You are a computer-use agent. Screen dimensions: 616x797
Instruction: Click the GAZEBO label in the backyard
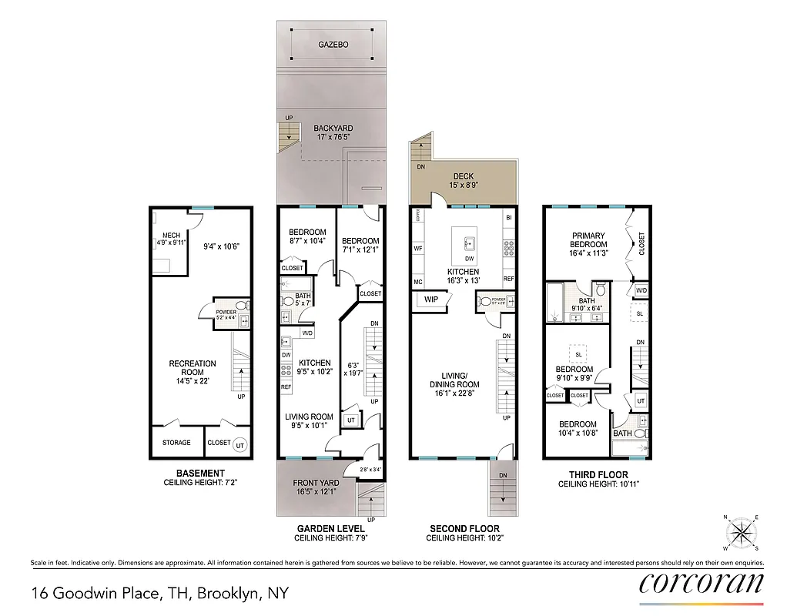point(333,45)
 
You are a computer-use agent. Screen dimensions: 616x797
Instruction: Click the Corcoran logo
point(702,583)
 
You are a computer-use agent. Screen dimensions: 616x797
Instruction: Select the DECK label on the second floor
point(464,176)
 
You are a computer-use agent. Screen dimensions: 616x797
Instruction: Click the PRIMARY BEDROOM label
point(588,240)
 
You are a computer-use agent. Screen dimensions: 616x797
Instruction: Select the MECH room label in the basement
point(171,236)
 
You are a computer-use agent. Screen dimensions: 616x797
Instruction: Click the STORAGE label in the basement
point(176,443)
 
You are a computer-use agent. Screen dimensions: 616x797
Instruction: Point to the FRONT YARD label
point(316,483)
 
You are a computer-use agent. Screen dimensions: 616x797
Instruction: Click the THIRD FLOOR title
point(598,474)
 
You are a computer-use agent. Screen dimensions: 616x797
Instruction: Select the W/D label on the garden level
point(306,333)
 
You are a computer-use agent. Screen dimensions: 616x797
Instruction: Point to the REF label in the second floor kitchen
point(508,279)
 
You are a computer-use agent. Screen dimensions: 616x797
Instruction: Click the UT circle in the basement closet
point(239,445)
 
